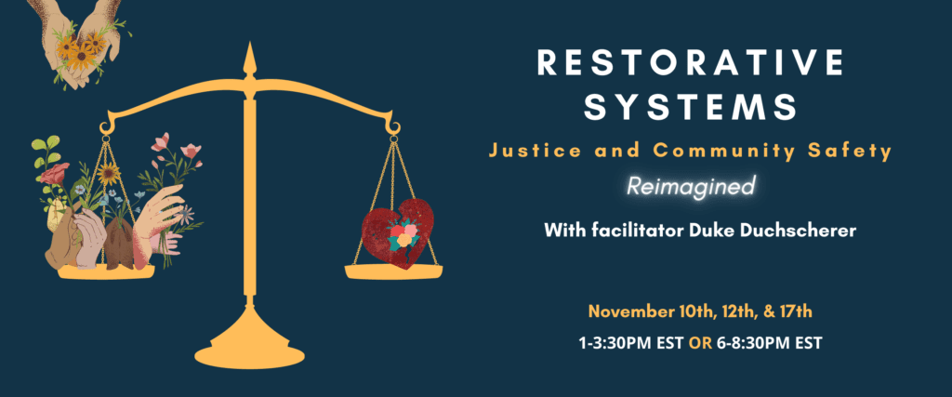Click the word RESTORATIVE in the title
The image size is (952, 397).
pos(691,62)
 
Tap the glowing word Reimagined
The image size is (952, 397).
pos(691,186)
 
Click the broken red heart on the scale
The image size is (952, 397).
pos(398,232)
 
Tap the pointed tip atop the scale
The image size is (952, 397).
pos(248,43)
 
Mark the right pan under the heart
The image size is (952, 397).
pos(393,271)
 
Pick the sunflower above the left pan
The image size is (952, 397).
pos(109,175)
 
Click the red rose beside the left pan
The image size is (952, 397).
pos(55,174)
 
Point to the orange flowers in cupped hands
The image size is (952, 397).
pos(80,50)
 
